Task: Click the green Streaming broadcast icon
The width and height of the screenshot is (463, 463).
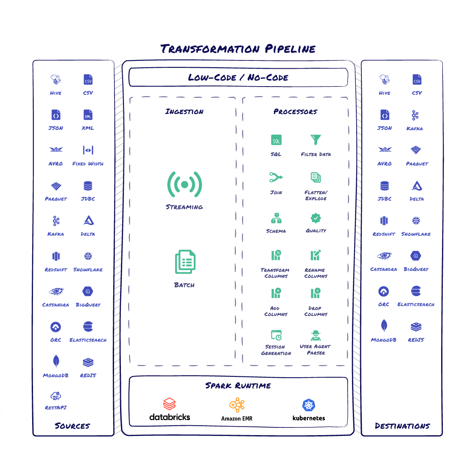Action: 184,184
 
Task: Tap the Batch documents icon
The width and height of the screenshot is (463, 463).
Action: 185,262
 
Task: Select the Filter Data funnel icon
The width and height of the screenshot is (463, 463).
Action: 316,140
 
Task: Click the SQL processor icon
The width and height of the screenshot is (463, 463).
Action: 276,140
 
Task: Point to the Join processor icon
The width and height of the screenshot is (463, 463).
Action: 276,177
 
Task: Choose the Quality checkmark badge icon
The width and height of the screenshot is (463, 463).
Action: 316,218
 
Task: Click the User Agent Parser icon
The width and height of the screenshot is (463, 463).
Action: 316,335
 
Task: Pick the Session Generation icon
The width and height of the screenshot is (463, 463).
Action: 276,335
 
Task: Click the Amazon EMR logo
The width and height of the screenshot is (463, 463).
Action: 237,405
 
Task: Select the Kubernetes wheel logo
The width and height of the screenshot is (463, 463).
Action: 309,405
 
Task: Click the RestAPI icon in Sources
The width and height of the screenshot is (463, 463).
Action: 56,396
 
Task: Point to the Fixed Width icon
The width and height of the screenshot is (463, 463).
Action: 88,150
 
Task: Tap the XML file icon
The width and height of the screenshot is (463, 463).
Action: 88,115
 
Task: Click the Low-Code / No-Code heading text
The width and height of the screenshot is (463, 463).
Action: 238,78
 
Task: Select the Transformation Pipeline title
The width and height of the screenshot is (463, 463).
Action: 238,48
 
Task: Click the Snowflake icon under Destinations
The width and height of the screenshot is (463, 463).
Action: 416,221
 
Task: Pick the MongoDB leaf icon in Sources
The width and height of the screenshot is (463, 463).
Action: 56,361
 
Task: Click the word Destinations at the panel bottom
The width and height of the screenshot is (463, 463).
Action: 402,426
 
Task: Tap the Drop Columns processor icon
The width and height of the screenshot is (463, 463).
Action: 316,293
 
